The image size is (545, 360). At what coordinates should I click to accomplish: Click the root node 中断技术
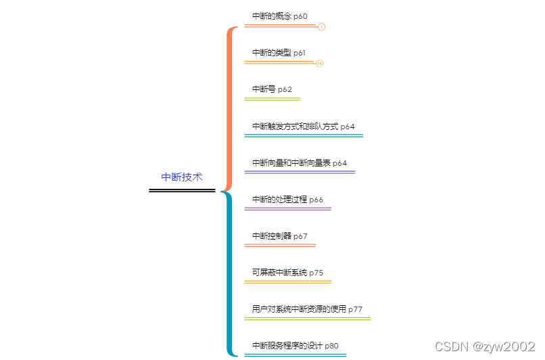click(x=181, y=177)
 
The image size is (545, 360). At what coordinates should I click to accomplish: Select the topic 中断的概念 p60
click(x=279, y=16)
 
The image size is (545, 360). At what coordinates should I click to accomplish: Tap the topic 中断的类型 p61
click(x=279, y=52)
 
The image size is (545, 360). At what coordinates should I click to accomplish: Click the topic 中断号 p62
click(x=272, y=89)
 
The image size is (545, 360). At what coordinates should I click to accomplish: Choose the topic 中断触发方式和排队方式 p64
click(x=303, y=126)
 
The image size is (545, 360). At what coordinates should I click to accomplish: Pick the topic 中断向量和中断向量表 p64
click(x=299, y=162)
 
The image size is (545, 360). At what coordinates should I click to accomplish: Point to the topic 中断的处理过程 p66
click(x=287, y=200)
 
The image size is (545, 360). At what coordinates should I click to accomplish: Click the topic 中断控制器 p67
click(x=279, y=236)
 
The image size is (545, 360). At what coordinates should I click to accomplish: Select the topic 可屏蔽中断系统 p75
click(x=287, y=273)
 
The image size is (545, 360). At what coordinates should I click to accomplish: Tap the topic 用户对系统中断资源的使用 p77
click(x=307, y=309)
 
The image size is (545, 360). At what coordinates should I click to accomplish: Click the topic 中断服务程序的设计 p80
click(x=295, y=346)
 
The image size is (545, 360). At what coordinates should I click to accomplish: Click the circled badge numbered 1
click(x=322, y=27)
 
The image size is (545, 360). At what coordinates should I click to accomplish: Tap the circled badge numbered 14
click(x=319, y=64)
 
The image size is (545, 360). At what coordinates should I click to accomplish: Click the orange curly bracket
click(x=230, y=108)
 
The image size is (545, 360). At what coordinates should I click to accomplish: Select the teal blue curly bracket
click(x=230, y=274)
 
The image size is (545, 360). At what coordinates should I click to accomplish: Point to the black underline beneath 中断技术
click(x=182, y=191)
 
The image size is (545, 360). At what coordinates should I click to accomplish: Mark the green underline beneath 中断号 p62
click(x=272, y=99)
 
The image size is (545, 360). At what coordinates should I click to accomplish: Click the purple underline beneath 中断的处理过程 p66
click(x=287, y=209)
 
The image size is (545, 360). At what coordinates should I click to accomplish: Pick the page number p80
click(x=331, y=346)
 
